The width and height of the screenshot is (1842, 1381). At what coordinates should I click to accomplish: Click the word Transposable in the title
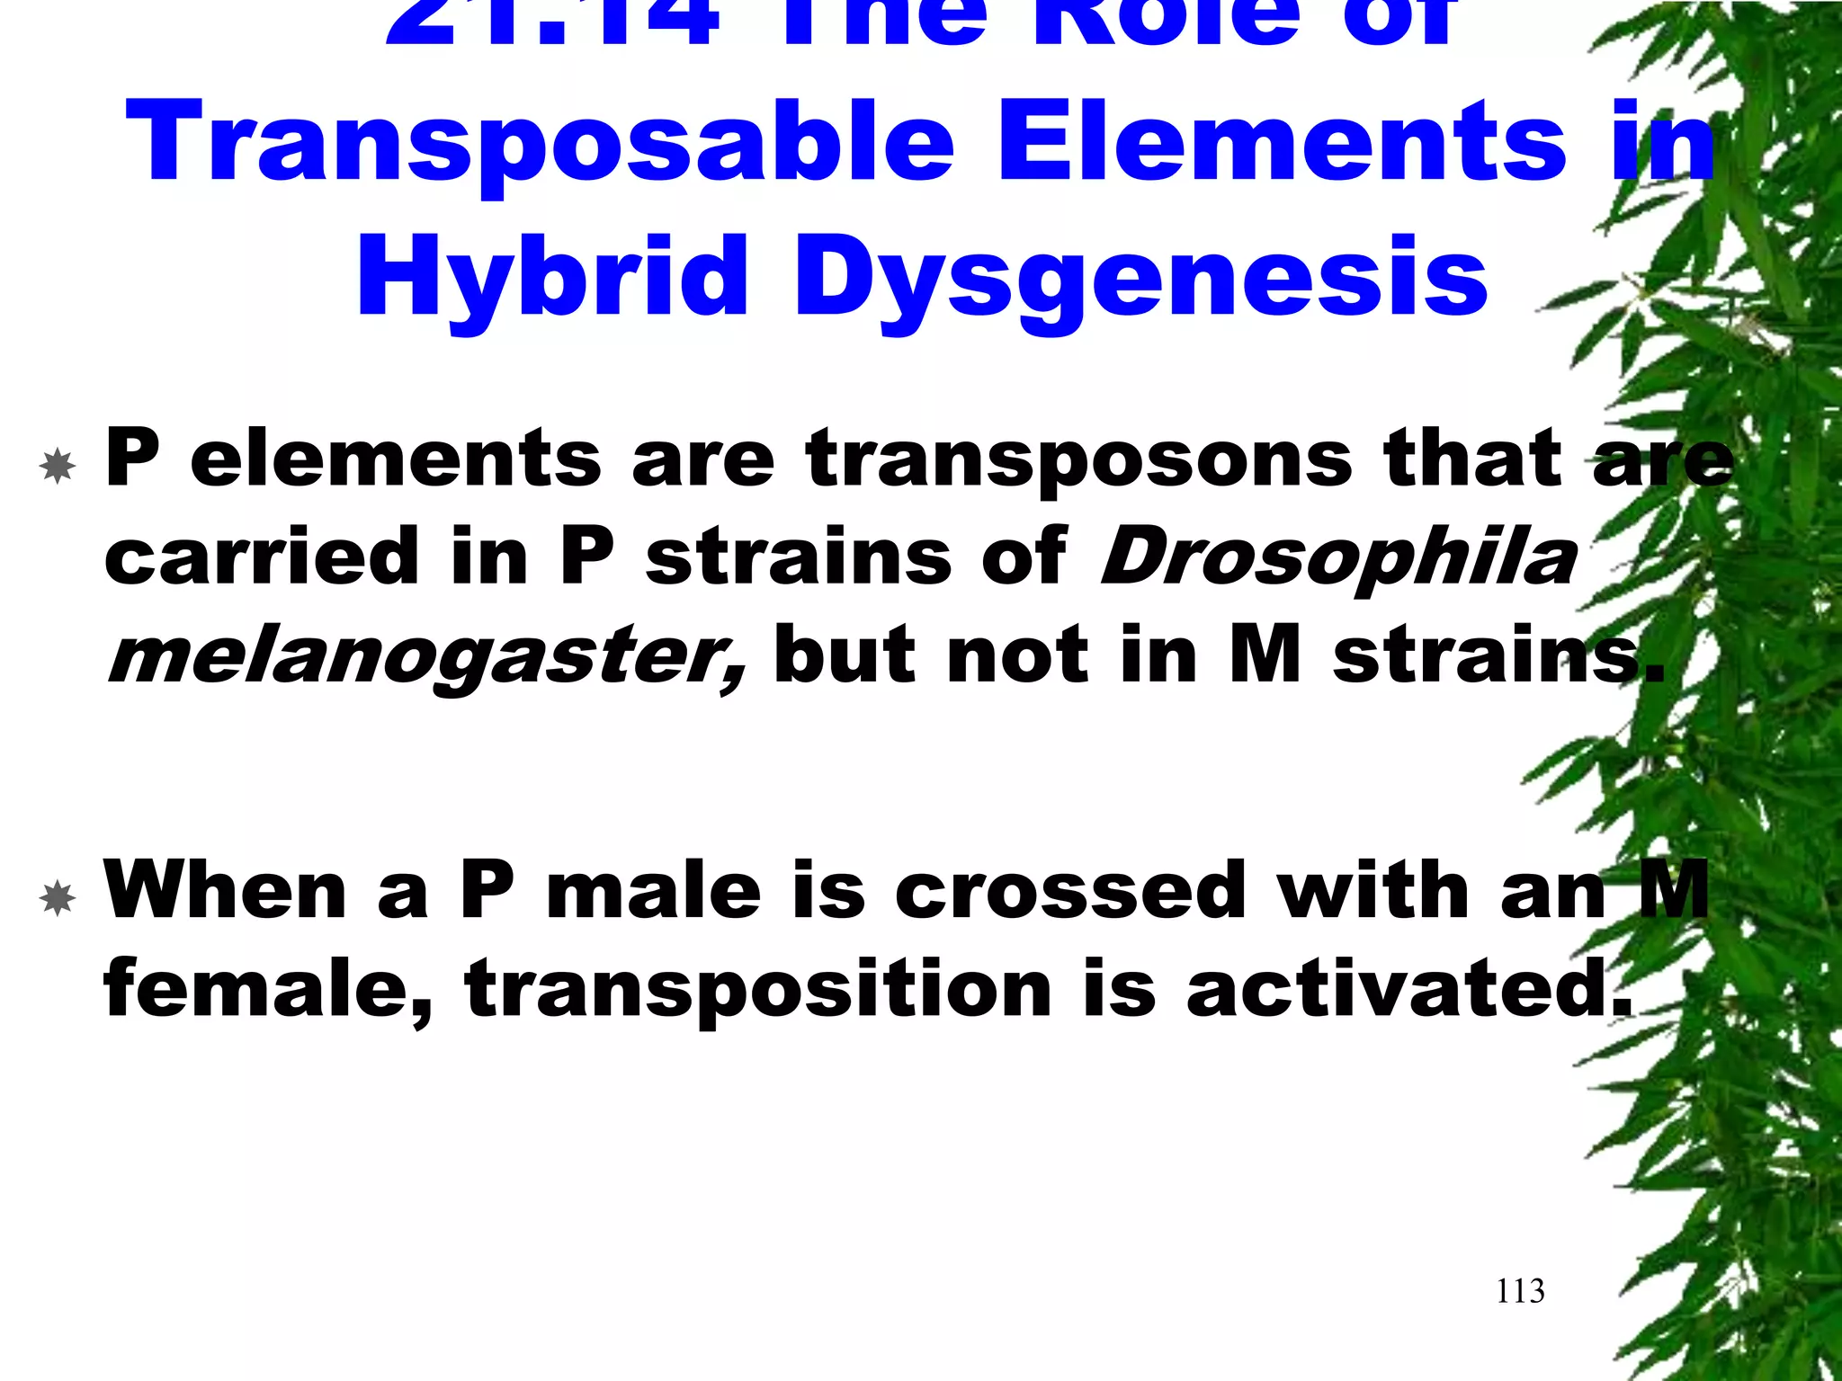540,144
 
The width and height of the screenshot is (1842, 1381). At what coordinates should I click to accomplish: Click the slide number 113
1520,1291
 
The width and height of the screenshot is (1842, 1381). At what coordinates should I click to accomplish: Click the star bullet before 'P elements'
58,465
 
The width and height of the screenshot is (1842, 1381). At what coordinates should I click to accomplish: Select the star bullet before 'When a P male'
58,898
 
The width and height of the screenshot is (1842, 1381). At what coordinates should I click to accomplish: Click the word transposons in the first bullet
1079,459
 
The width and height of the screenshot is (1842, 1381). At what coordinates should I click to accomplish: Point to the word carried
262,557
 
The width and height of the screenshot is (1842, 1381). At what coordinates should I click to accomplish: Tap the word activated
1408,989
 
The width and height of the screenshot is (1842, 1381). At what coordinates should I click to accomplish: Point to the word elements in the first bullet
396,459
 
